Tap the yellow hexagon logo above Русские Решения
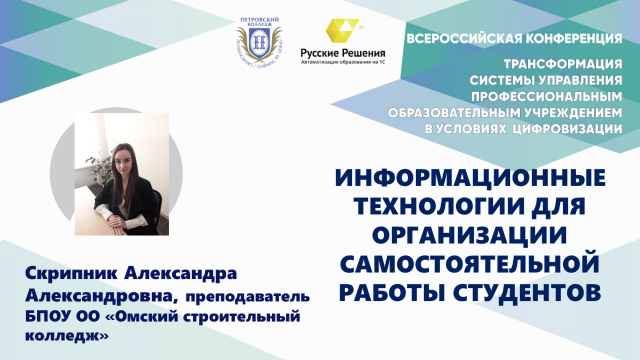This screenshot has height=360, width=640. point(342,30)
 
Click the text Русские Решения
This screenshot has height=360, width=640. point(343,53)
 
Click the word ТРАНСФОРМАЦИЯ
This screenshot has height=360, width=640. point(563,64)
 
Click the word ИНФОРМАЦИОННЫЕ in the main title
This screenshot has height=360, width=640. point(470,178)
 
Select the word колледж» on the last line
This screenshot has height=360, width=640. point(67,335)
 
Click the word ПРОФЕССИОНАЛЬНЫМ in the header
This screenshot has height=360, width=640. point(547,97)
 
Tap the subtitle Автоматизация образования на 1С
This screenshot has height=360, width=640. point(343,62)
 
